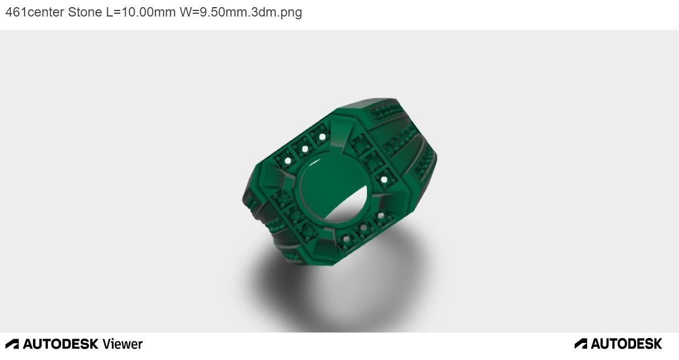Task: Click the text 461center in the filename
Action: pos(35,12)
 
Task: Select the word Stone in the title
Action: pos(85,12)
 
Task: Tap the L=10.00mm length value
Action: pos(141,12)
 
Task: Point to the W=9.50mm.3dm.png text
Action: pos(241,12)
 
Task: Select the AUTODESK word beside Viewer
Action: pos(60,344)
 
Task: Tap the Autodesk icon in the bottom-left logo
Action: pos(12,344)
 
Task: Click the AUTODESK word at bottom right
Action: pos(626,344)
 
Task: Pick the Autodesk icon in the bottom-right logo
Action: pos(581,344)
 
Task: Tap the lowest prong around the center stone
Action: pos(324,236)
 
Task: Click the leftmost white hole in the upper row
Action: pos(287,160)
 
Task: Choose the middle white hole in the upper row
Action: pos(305,148)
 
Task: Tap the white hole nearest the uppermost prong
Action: pos(322,137)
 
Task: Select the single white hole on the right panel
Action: pos(383,179)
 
